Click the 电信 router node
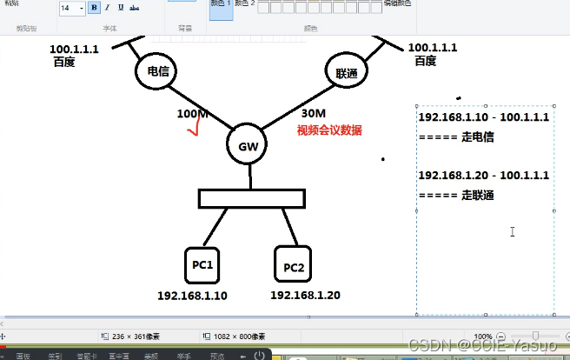point(157,71)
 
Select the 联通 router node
point(347,72)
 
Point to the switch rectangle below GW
point(252,199)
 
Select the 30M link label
point(314,113)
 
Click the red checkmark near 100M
point(194,130)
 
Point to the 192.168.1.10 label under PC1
point(192,296)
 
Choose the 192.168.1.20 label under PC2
point(305,295)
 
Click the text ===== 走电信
point(456,137)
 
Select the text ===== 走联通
point(456,196)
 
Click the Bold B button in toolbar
point(93,8)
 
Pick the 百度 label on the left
point(64,63)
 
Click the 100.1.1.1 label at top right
point(432,48)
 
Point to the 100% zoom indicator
point(484,336)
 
